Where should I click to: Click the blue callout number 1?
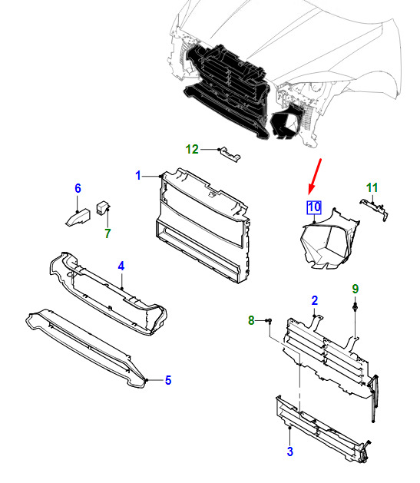point(138,176)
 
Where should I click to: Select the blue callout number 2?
point(314,301)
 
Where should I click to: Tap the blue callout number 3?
point(289,452)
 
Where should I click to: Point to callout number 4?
point(121,266)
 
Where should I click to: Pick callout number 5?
point(168,380)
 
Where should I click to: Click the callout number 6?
point(78,188)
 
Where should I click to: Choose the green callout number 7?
point(107,233)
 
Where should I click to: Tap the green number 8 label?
point(251,320)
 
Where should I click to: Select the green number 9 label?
point(356,289)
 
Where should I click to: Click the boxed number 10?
point(314,207)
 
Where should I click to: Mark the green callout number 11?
point(372,187)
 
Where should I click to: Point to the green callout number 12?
point(192,150)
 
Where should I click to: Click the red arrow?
point(315,177)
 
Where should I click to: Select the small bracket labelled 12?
point(230,154)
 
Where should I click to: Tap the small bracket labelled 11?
point(375,209)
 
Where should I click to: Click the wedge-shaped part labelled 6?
point(78,217)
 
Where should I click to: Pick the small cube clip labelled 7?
point(103,207)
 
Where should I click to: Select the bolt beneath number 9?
point(356,307)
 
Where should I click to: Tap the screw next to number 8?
point(270,321)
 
